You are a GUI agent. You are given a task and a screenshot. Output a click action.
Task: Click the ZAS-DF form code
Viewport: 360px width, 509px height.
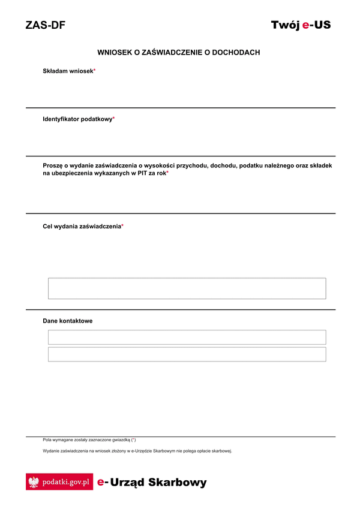46,25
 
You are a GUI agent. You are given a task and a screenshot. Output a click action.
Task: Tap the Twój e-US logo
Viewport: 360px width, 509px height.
301,25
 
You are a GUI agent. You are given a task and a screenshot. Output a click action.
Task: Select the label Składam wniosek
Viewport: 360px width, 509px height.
68,71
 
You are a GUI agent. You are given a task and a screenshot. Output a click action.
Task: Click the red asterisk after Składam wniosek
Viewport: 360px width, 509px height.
94,71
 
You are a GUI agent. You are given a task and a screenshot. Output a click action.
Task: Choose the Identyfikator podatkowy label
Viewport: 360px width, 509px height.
77,119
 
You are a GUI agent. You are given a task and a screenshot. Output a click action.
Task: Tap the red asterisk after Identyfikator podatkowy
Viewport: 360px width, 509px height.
113,119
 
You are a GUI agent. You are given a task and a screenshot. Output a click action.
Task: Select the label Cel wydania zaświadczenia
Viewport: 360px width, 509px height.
82,226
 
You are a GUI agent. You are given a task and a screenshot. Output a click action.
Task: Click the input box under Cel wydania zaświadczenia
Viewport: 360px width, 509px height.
187,288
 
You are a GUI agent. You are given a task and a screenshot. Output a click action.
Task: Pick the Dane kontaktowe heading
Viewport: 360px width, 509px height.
68,321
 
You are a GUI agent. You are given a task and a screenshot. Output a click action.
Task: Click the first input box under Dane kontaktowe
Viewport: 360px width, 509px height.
187,337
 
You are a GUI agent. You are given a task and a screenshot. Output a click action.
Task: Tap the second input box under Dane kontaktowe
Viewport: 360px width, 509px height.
187,354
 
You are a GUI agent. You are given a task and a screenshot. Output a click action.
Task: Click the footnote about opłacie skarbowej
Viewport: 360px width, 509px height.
137,451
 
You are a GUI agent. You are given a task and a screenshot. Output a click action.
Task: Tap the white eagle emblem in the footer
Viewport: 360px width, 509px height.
34,482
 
